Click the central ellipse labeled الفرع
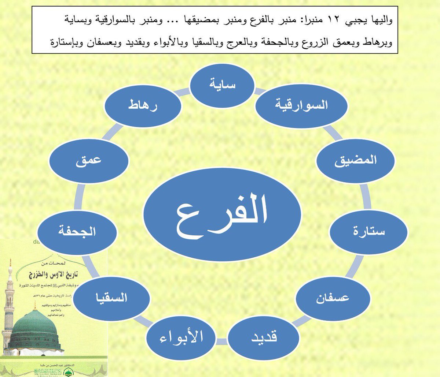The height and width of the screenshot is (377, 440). click(222, 214)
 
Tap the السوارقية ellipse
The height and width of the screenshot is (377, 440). click(301, 105)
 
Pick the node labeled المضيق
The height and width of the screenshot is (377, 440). click(355, 160)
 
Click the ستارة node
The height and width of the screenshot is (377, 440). click(368, 231)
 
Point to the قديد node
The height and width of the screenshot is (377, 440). click(264, 337)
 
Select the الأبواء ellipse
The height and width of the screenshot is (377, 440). click(181, 337)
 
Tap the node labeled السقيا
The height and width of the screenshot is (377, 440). click(111, 297)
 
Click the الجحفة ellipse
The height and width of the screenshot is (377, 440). click(77, 231)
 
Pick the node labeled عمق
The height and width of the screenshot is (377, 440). click(89, 160)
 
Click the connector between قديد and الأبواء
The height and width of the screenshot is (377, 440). click(222, 341)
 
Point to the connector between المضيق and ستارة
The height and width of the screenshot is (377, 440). click(365, 196)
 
